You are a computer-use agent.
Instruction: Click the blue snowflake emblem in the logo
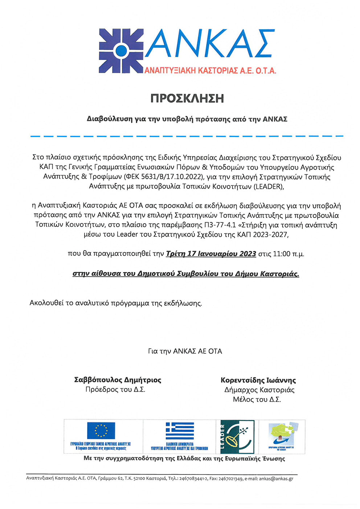pyautogui.click(x=121, y=51)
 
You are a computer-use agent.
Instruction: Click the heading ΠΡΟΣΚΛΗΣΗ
pyautogui.click(x=187, y=98)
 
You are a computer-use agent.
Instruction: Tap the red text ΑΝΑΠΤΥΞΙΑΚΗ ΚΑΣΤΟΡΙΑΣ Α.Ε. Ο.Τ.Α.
pyautogui.click(x=210, y=70)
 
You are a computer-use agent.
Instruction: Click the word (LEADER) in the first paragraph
pyautogui.click(x=268, y=186)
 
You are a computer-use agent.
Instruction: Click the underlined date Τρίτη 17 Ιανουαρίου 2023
pyautogui.click(x=211, y=254)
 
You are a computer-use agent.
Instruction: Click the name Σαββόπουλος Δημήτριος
pyautogui.click(x=118, y=380)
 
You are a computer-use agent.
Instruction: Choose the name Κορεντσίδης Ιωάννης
pyautogui.click(x=258, y=380)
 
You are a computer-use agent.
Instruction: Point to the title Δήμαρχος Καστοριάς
pyautogui.click(x=259, y=390)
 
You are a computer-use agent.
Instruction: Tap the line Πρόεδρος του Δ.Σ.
pyautogui.click(x=115, y=390)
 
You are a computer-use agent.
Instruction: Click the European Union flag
pyautogui.click(x=101, y=430)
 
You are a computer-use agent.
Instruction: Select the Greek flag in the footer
pyautogui.click(x=180, y=430)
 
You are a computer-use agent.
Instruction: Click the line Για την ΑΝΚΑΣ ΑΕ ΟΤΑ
pyautogui.click(x=185, y=351)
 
